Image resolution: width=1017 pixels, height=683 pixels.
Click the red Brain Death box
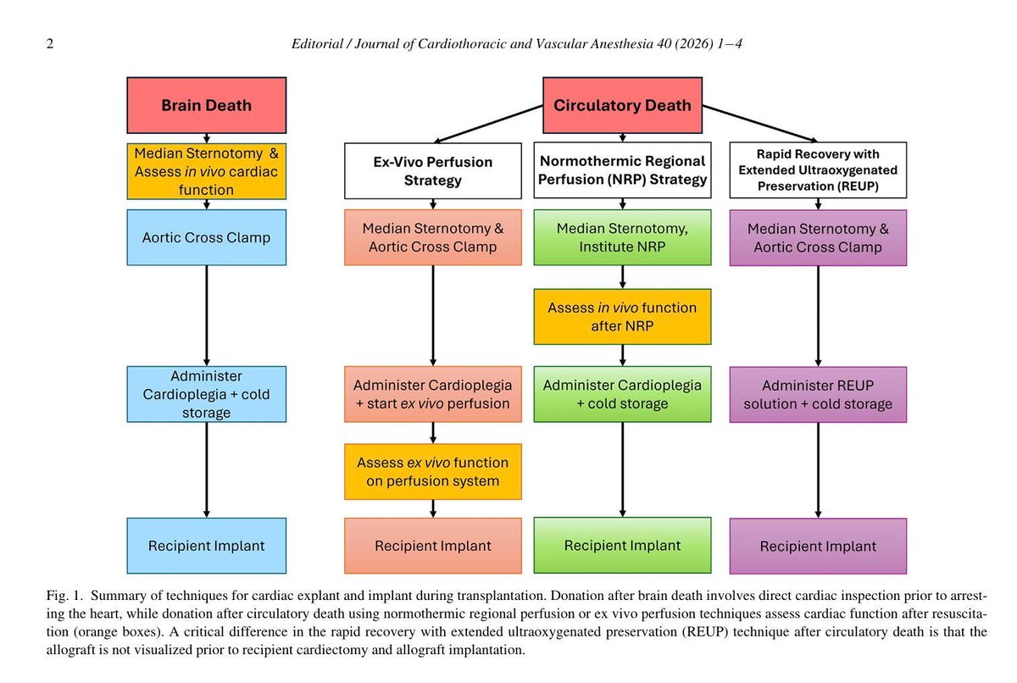(207, 106)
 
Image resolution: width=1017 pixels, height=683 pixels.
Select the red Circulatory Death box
(622, 106)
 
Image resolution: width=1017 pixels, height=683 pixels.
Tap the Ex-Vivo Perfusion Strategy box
(433, 170)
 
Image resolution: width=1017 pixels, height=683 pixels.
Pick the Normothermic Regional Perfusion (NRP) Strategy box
(622, 170)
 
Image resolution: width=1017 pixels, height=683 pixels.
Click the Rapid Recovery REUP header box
(818, 170)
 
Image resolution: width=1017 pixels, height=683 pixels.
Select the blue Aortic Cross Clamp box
(207, 237)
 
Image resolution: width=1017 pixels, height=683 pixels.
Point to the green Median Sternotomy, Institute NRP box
(622, 237)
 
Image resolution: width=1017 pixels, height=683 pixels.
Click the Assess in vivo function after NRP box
(622, 317)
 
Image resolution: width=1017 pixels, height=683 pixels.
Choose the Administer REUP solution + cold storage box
(818, 394)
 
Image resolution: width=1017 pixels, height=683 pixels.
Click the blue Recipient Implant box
(207, 545)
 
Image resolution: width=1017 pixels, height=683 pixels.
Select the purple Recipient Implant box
(818, 546)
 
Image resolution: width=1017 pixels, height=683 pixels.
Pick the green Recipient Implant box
(622, 545)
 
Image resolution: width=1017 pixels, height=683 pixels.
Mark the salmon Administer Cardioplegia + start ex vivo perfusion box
(433, 394)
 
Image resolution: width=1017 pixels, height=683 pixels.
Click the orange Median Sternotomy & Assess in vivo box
(207, 171)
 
